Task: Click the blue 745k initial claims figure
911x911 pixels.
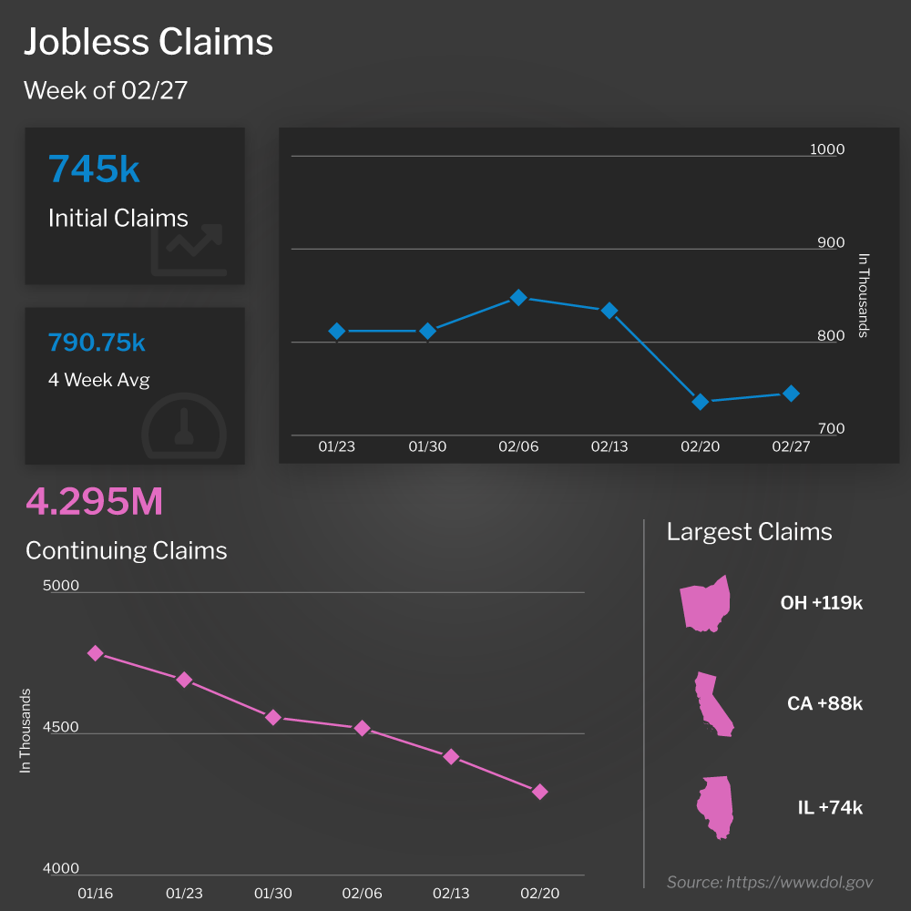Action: click(x=94, y=169)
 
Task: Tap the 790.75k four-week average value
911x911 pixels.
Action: click(x=97, y=343)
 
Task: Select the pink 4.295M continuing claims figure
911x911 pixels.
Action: click(x=95, y=502)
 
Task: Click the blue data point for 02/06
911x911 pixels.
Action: click(x=518, y=298)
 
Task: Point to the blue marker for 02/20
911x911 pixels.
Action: click(x=701, y=402)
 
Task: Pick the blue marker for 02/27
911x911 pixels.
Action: click(x=791, y=394)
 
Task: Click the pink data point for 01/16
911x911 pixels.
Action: click(x=96, y=653)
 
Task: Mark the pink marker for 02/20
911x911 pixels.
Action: click(x=539, y=792)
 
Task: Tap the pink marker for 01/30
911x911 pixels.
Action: click(x=273, y=718)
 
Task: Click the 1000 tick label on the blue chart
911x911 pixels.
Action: click(x=827, y=149)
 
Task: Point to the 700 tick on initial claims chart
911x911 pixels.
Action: click(x=827, y=428)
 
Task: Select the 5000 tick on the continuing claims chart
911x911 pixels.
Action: click(x=61, y=586)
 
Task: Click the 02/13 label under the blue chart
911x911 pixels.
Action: click(x=609, y=447)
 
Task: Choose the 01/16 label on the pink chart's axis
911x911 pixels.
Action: click(x=96, y=894)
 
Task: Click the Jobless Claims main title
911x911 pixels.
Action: click(x=148, y=42)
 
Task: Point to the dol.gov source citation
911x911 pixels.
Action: click(x=770, y=882)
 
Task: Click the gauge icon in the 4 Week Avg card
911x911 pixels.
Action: click(x=184, y=426)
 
